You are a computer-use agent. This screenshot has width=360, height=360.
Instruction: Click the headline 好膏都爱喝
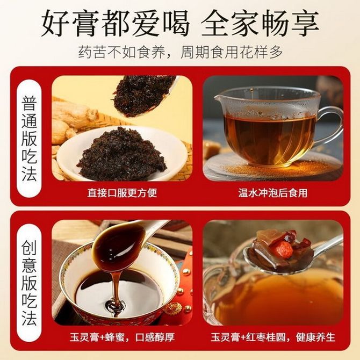point(116,23)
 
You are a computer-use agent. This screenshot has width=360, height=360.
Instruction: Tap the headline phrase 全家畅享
point(260,23)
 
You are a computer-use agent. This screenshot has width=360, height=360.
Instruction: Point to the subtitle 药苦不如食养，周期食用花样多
point(180,53)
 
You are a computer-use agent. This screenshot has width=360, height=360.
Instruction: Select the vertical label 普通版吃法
point(29,138)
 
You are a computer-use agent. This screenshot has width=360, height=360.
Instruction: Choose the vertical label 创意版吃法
point(29,283)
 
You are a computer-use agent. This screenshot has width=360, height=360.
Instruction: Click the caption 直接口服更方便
point(122,193)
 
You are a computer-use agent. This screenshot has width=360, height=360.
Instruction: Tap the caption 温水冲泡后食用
point(273,193)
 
